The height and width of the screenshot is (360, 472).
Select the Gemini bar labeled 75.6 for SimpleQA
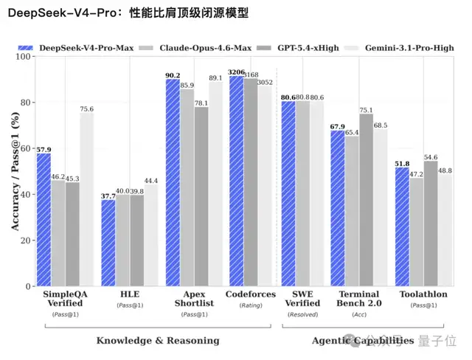click(86, 199)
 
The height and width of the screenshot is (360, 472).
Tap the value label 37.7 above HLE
click(108, 195)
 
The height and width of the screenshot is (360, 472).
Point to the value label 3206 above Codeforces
click(237, 72)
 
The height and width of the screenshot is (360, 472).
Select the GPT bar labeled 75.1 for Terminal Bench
click(366, 200)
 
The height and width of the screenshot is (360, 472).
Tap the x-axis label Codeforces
click(250, 294)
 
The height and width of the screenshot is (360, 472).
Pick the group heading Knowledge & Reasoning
click(158, 340)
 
